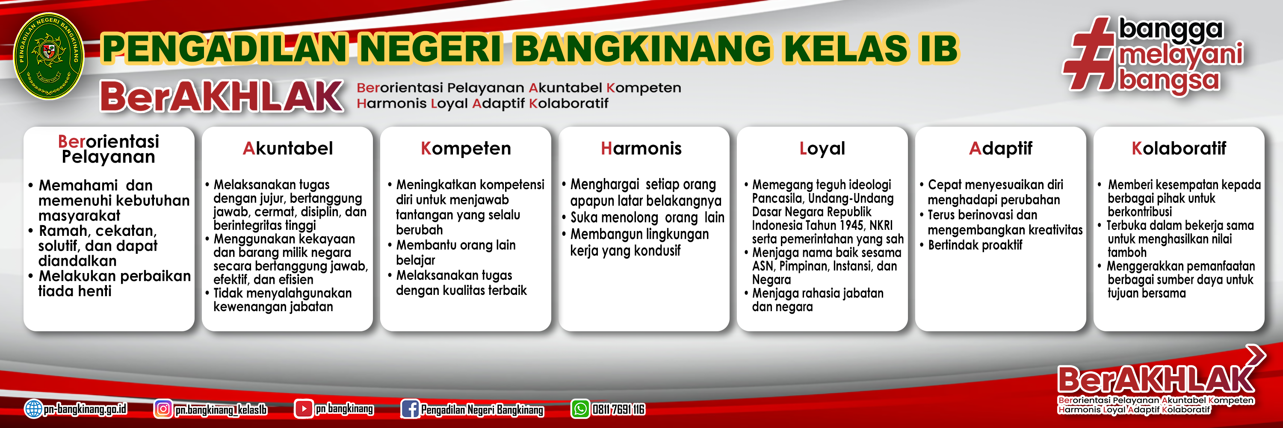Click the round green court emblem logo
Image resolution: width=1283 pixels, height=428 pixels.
pos(48,56)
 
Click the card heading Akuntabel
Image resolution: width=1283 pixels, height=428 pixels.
pos(287,149)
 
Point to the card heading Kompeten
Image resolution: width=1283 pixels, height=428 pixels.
pos(466,149)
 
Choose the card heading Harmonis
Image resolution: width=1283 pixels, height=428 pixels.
pos(641,149)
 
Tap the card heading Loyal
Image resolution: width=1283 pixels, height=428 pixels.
pos(822,149)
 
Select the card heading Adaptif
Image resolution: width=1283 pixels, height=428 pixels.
pos(1001,149)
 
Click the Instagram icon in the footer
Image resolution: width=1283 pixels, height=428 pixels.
pos(163,409)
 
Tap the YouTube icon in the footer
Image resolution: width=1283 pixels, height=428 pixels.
pos(303,409)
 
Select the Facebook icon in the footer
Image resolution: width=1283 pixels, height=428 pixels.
pos(410,409)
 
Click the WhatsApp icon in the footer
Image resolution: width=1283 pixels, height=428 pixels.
pos(580,409)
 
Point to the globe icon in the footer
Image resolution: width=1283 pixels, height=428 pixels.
pos(33,409)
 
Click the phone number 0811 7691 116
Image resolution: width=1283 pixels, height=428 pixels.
pos(618,410)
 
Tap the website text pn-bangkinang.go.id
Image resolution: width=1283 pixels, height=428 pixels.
pos(85,409)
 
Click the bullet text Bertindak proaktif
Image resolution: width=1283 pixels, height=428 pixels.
pos(975,245)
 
